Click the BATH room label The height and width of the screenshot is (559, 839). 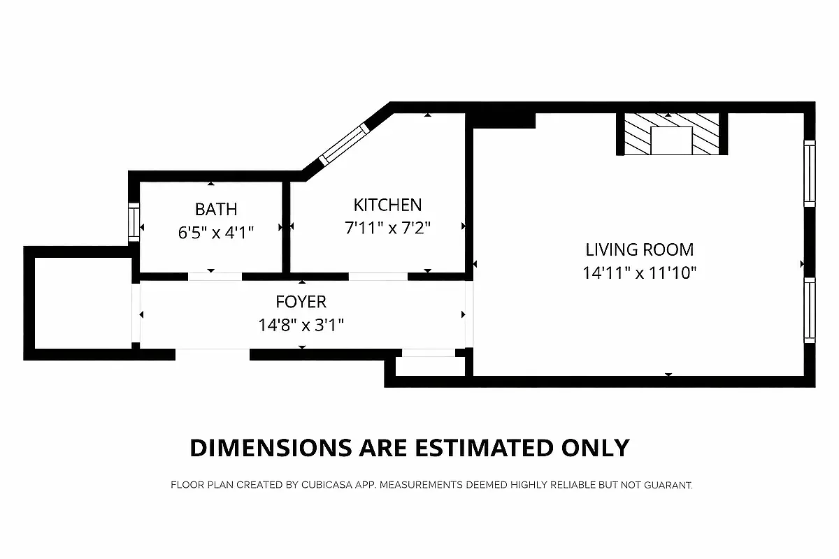coord(215,209)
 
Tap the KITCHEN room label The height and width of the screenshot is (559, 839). coord(387,205)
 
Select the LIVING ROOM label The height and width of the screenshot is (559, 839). coord(639,249)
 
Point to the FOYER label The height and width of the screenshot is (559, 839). coord(301,302)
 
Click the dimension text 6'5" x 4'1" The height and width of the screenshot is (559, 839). coord(215,231)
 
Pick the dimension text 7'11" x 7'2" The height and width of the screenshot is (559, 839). coord(387,228)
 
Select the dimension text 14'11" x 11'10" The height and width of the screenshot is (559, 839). coord(639,273)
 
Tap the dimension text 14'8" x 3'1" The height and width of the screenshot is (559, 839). coord(301,325)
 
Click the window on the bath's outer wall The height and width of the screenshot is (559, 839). coord(132,222)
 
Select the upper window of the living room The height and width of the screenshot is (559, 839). coord(809,173)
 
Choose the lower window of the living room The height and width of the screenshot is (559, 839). coord(809,310)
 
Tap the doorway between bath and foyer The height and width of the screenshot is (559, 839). coord(215,277)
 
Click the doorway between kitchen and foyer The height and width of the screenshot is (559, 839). coord(378,277)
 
